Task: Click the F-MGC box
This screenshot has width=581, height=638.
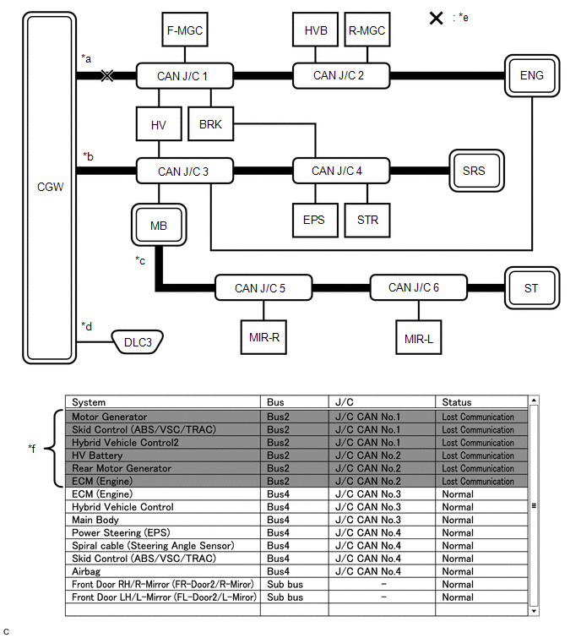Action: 184,30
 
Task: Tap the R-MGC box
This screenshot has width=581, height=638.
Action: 367,30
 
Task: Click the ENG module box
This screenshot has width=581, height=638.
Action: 531,76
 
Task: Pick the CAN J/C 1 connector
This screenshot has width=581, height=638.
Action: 182,76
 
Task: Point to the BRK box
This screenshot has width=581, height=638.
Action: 210,125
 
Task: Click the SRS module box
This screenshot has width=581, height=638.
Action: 475,171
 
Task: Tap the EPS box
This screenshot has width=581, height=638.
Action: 313,221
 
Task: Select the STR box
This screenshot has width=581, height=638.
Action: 367,221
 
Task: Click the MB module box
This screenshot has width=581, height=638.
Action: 159,226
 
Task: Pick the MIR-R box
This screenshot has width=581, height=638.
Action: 263,337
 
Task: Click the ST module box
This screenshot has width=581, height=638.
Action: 531,288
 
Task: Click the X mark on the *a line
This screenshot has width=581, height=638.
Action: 106,76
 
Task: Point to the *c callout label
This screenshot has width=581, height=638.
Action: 140,260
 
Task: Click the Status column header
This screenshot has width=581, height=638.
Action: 457,402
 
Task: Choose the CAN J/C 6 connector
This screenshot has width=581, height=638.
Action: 414,288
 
